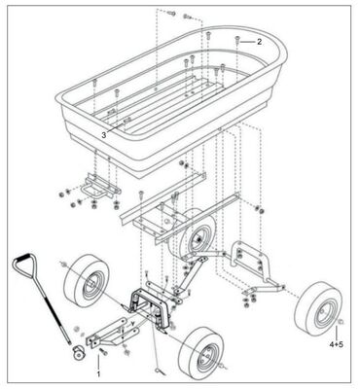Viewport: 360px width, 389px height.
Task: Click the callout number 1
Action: point(99,371)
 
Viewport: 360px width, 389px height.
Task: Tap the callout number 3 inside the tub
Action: point(103,134)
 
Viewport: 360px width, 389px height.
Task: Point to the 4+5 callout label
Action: point(336,345)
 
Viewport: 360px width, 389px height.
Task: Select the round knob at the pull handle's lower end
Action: point(74,347)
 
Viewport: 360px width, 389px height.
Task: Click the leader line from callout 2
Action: point(248,42)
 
